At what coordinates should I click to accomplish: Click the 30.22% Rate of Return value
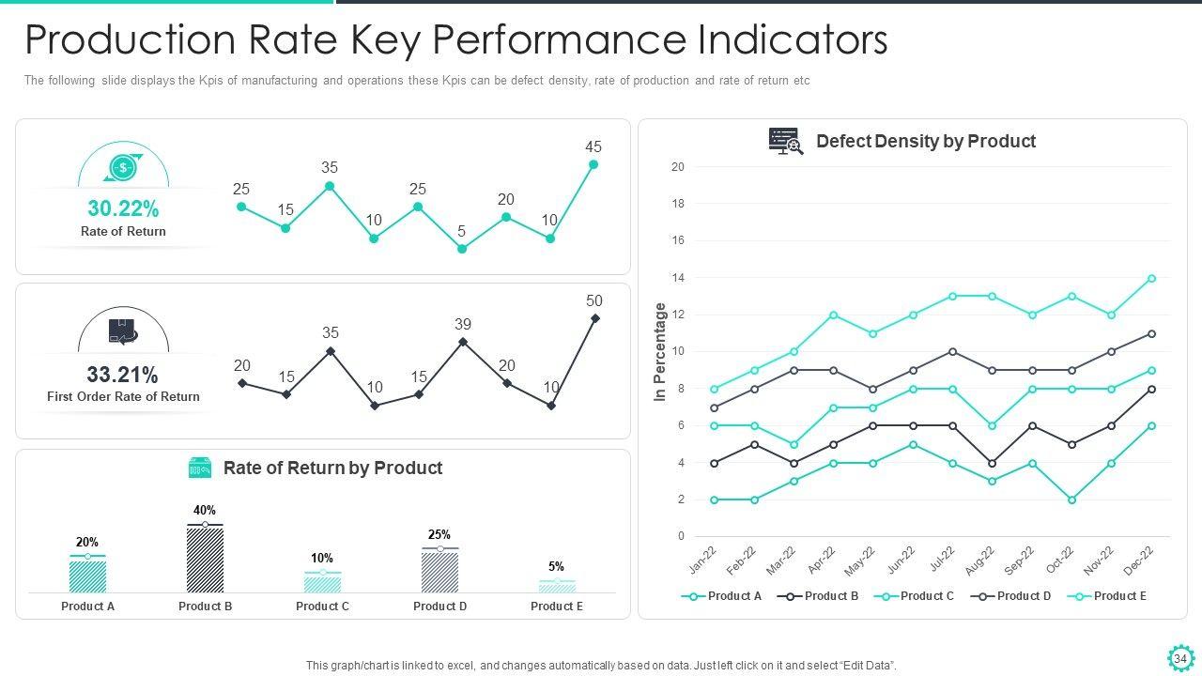click(x=123, y=208)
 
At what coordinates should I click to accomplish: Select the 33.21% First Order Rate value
click(x=123, y=375)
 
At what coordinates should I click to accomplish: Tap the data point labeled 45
click(x=593, y=164)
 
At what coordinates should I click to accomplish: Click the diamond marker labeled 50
click(x=594, y=318)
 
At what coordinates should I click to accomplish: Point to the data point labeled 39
click(x=463, y=342)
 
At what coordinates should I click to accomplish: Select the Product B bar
click(x=205, y=560)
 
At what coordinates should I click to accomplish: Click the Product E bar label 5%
click(x=556, y=566)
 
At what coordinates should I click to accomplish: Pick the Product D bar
click(x=439, y=571)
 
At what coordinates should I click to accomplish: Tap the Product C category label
click(x=322, y=607)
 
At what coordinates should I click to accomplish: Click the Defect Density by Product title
click(x=925, y=141)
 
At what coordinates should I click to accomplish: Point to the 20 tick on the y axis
click(x=678, y=167)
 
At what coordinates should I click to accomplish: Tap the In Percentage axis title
click(x=660, y=353)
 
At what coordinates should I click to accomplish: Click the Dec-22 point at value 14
click(x=1151, y=279)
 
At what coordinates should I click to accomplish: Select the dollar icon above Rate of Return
click(x=123, y=168)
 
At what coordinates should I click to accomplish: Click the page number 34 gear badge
click(x=1179, y=658)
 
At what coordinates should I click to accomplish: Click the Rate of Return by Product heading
click(x=332, y=468)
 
